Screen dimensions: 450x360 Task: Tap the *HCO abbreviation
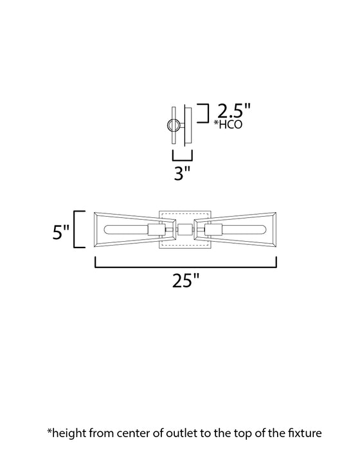coord(229,125)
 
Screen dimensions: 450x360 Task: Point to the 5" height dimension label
coord(61,230)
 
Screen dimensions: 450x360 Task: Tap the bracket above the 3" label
coord(183,156)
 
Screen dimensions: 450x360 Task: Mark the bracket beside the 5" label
coord(78,229)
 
